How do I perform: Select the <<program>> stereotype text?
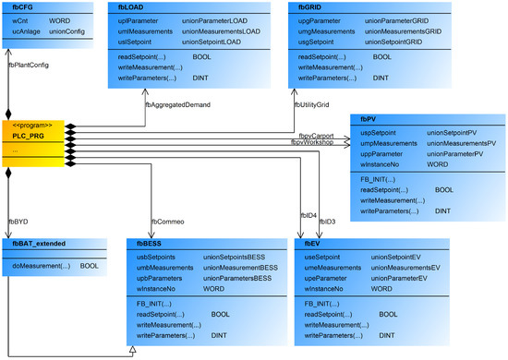[29, 126]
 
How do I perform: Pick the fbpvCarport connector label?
[317, 136]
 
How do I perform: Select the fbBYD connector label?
[18, 222]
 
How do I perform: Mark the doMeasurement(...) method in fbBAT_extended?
[40, 265]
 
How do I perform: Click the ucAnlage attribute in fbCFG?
[28, 30]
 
